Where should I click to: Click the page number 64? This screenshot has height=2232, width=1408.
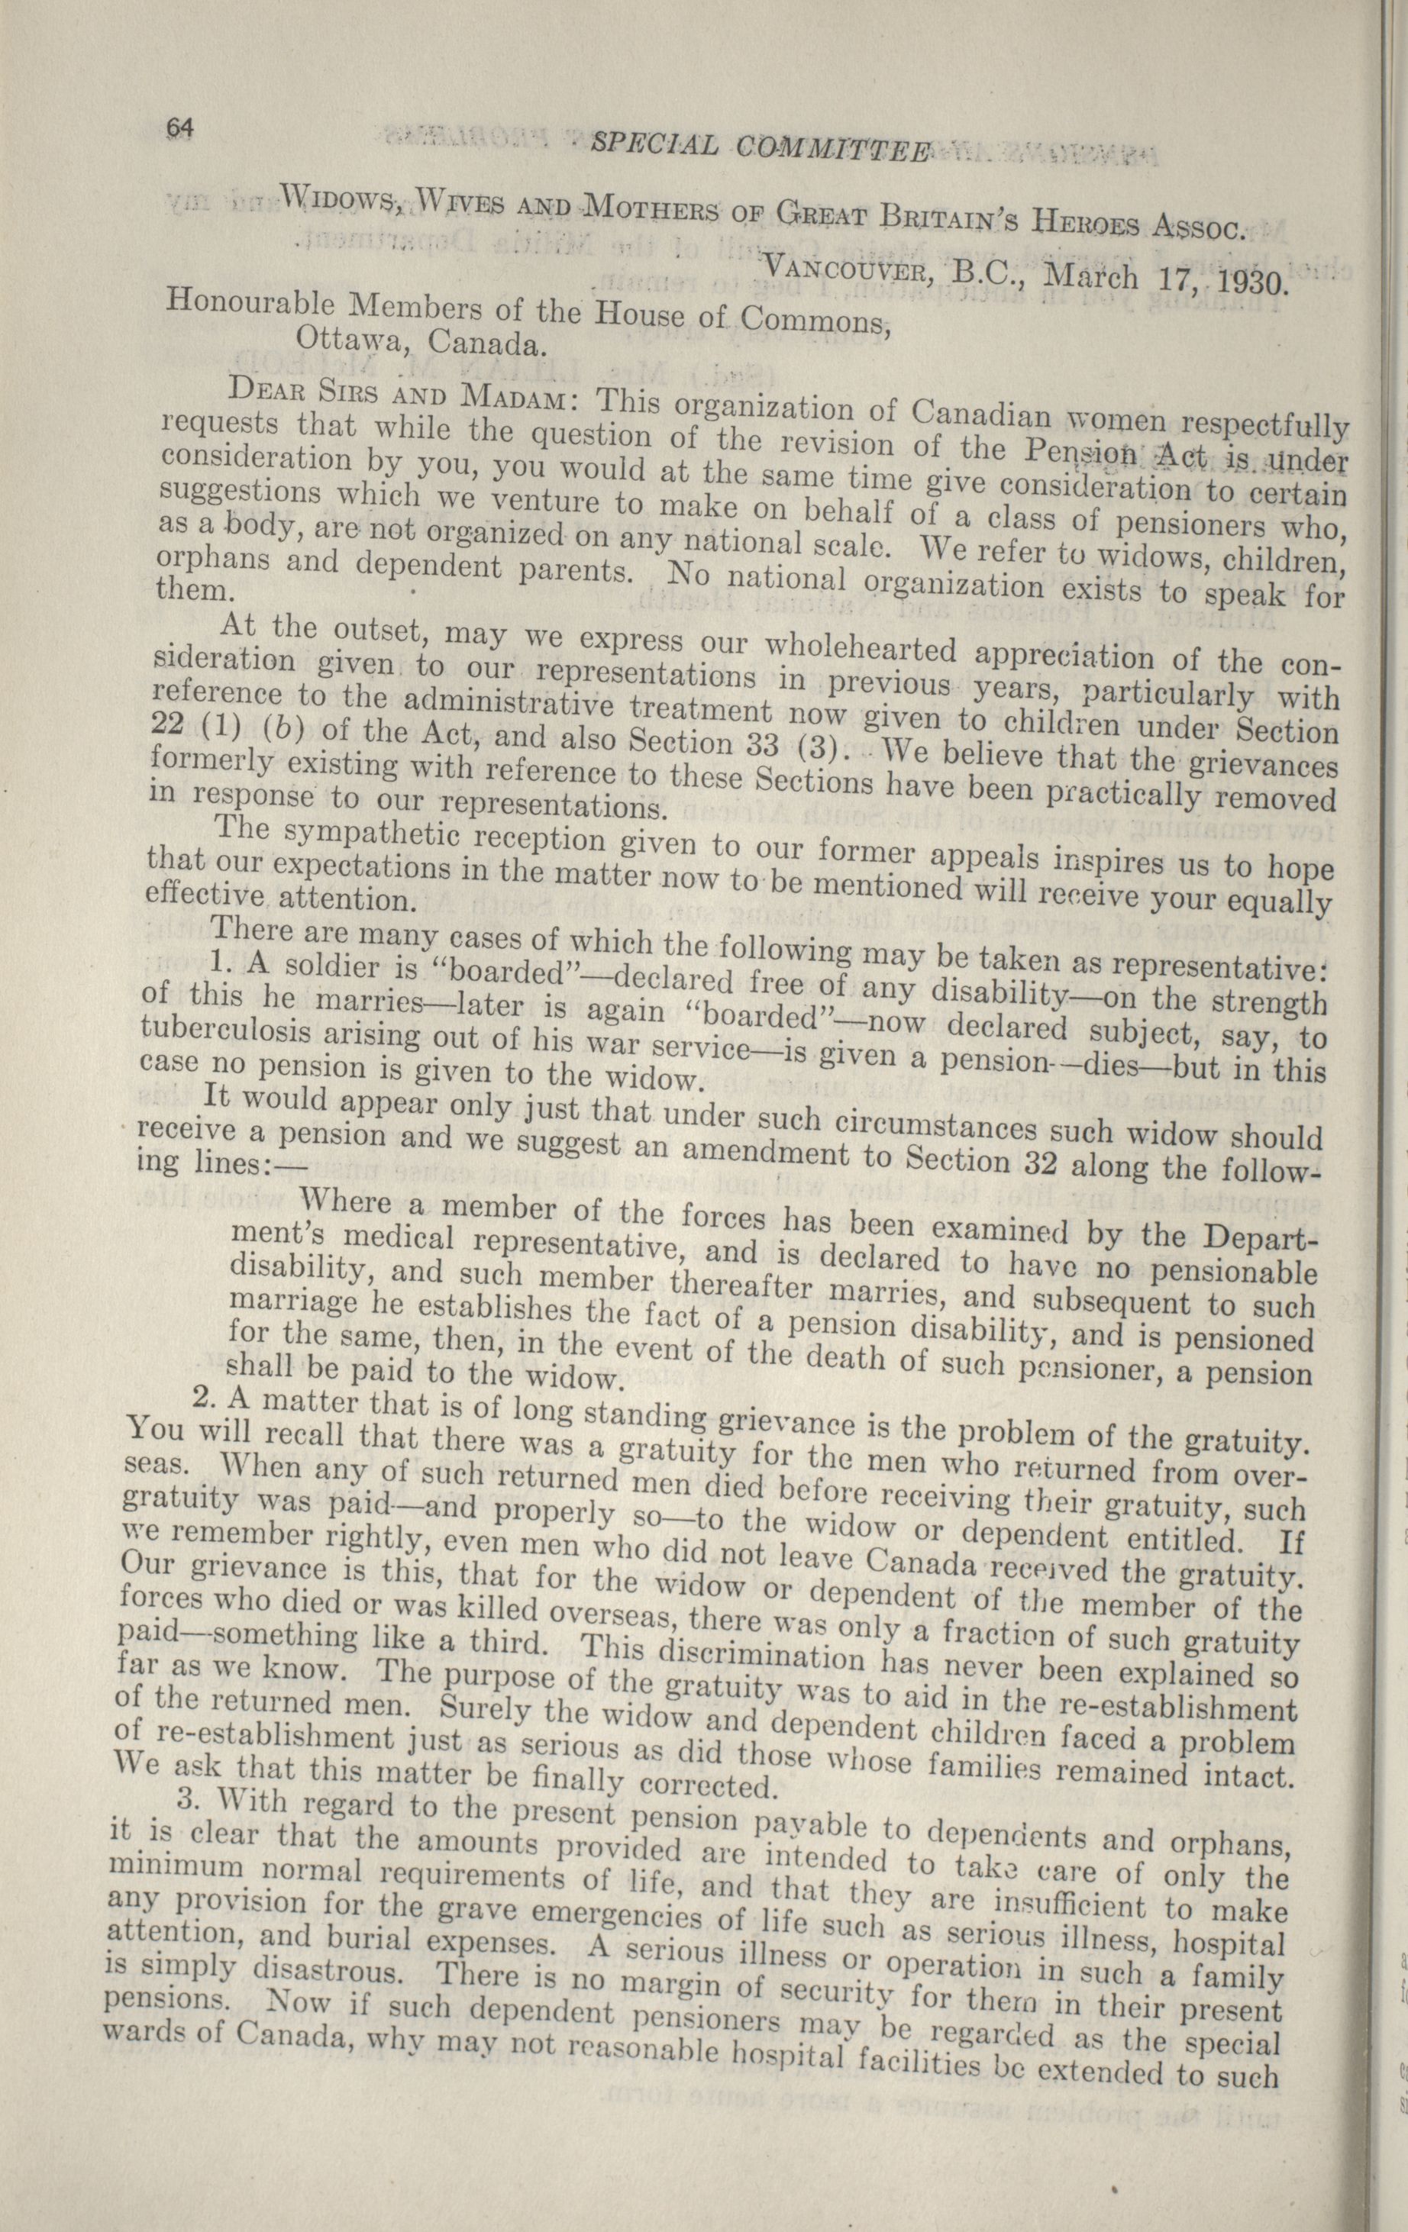tap(176, 128)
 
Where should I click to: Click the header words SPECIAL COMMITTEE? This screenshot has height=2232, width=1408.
tap(758, 146)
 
